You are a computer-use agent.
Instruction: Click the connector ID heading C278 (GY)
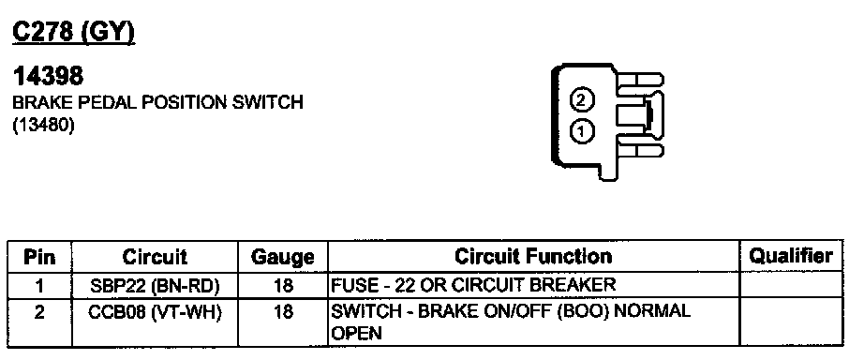pos(74,34)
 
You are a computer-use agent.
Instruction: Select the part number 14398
pos(49,77)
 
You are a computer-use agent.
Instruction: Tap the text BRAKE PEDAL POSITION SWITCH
pos(157,102)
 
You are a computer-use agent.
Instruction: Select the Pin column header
pos(39,257)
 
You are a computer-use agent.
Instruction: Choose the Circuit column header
pos(155,257)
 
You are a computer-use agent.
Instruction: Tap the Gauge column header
pos(283,257)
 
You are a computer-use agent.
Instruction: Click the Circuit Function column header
pos(533,256)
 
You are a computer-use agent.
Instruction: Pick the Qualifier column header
pos(791,256)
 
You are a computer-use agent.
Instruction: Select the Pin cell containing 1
pos(39,285)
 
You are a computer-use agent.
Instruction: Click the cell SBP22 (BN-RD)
pos(155,286)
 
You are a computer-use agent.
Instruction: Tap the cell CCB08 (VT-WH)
pos(155,313)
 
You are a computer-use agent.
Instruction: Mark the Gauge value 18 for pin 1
pos(283,285)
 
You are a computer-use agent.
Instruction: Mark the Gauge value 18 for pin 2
pos(283,313)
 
